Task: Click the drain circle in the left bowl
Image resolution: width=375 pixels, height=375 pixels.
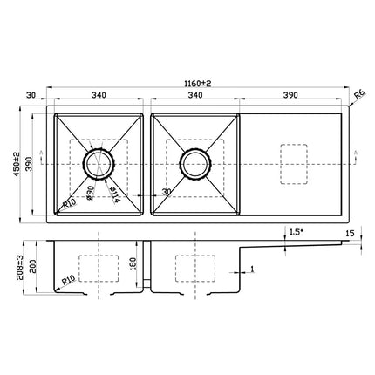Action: pos(98,162)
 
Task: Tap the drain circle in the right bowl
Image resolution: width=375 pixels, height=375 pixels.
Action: pos(193,162)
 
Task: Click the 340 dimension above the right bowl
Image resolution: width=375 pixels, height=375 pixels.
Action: pos(196,98)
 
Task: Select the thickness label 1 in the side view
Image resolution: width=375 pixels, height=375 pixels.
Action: pos(252,270)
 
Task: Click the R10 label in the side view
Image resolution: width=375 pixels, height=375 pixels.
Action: pos(68,283)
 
